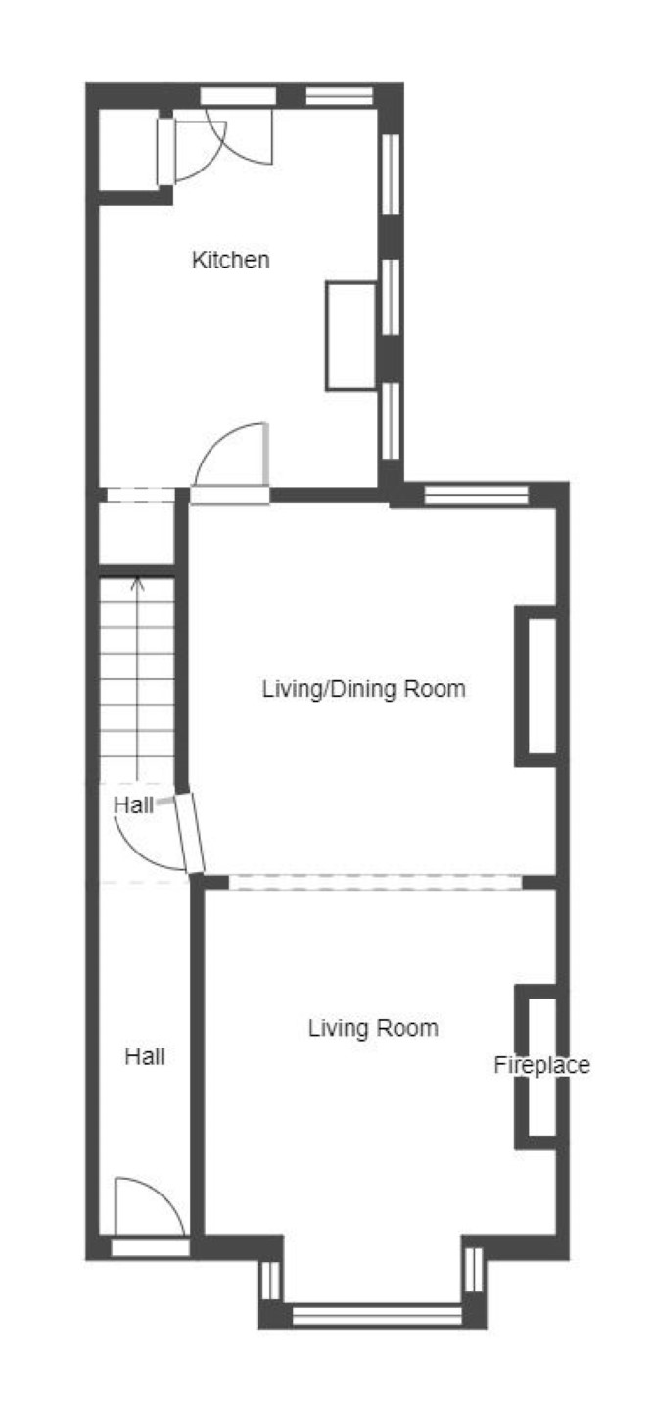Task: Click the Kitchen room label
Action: [231, 260]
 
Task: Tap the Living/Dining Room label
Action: [363, 688]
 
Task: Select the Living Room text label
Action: [373, 1028]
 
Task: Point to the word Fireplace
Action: [542, 1065]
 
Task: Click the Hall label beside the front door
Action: [145, 1056]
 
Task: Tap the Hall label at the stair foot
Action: [133, 804]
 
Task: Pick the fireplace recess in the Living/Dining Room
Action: [537, 686]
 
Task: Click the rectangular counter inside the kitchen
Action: [351, 335]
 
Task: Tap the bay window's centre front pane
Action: [378, 1315]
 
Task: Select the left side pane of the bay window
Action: [270, 1281]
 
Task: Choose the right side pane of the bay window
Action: [473, 1269]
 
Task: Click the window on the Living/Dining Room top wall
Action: [477, 495]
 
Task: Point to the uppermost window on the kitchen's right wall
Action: [391, 173]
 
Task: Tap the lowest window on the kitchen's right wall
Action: [391, 420]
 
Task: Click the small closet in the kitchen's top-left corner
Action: [128, 150]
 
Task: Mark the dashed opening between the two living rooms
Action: [376, 882]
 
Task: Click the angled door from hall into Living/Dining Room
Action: [190, 833]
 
